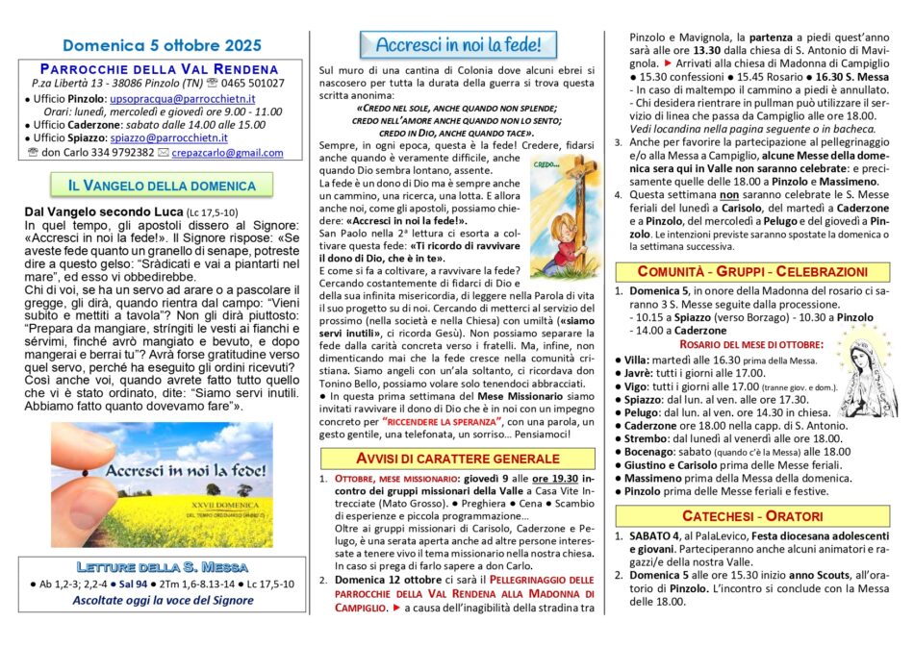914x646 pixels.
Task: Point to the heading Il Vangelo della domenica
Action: pos(162,186)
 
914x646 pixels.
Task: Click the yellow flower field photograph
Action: pos(162,472)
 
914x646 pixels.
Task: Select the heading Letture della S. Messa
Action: pos(162,566)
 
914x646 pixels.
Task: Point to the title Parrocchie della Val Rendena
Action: pos(162,68)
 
